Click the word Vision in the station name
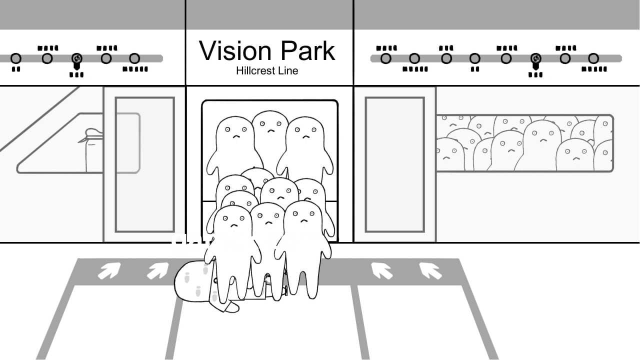point(235,51)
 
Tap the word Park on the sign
point(307,51)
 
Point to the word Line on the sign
point(289,70)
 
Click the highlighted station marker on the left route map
point(77,58)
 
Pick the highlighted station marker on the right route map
point(535,58)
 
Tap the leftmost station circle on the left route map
point(16,58)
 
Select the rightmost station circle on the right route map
point(593,58)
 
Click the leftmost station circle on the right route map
point(385,58)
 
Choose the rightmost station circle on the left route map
point(134,58)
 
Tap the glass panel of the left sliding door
point(145,164)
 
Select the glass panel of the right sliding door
point(395,164)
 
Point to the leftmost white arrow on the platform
point(109,270)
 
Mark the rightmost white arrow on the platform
point(430,270)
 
